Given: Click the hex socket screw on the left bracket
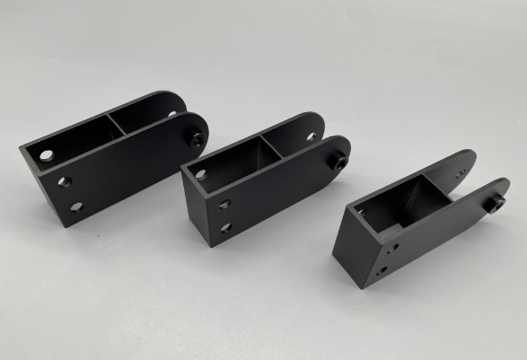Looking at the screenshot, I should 195,138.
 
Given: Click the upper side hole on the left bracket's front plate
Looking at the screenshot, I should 64,181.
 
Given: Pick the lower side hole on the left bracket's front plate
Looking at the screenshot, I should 76,207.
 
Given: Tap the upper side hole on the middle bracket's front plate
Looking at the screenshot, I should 223,205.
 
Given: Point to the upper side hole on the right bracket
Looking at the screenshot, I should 392,246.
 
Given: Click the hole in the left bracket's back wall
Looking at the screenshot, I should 46,155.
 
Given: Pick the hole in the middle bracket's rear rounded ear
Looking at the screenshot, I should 311,136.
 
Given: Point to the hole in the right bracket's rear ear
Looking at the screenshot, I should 461,174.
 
